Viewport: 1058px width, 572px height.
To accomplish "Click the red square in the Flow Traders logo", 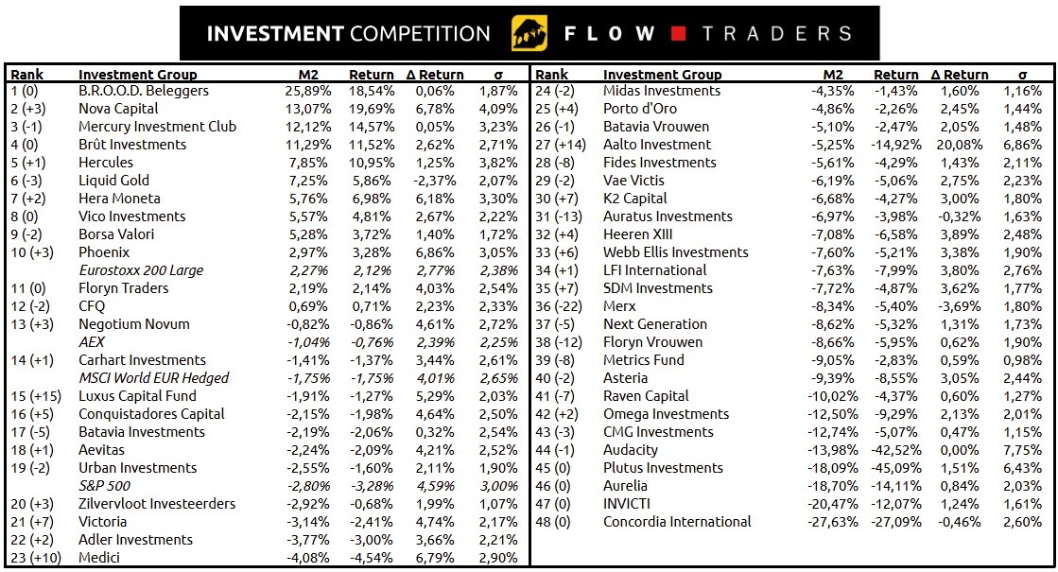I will (677, 34).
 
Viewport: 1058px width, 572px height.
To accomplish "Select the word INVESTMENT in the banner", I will (275, 34).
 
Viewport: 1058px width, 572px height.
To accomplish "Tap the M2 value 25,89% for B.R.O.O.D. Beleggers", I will (307, 91).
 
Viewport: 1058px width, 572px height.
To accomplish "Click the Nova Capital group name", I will (118, 109).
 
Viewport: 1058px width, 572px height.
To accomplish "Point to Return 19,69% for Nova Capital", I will (372, 109).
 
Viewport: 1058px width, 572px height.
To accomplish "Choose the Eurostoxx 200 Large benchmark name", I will (141, 270).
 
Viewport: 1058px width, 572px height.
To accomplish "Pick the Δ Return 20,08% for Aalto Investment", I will (959, 145).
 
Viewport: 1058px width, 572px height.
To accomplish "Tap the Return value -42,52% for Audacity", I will (891, 450).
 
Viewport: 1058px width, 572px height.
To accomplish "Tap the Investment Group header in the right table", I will (662, 75).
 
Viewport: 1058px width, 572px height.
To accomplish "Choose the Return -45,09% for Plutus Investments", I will (891, 468).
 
